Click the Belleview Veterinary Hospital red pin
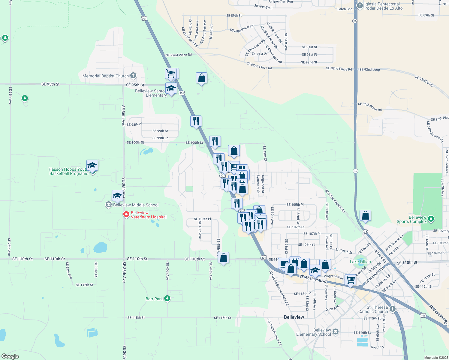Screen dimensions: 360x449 point(126,214)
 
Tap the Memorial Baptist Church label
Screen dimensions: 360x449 point(106,76)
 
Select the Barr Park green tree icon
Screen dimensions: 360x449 point(167,298)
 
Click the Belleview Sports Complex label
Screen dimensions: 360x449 point(411,219)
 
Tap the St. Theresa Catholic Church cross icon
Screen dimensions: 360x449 point(392,309)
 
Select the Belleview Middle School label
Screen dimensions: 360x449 point(136,205)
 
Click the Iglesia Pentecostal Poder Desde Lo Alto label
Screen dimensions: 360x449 point(383,6)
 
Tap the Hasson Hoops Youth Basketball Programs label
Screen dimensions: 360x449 point(69,172)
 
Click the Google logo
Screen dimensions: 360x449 point(10,356)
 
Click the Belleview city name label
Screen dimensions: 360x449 point(294,317)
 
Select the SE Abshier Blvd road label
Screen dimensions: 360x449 point(313,279)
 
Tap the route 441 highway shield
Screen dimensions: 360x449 point(423,315)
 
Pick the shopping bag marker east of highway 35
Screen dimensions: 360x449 point(365,216)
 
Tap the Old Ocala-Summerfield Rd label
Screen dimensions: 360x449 point(279,288)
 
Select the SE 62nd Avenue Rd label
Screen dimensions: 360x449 point(335,201)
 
